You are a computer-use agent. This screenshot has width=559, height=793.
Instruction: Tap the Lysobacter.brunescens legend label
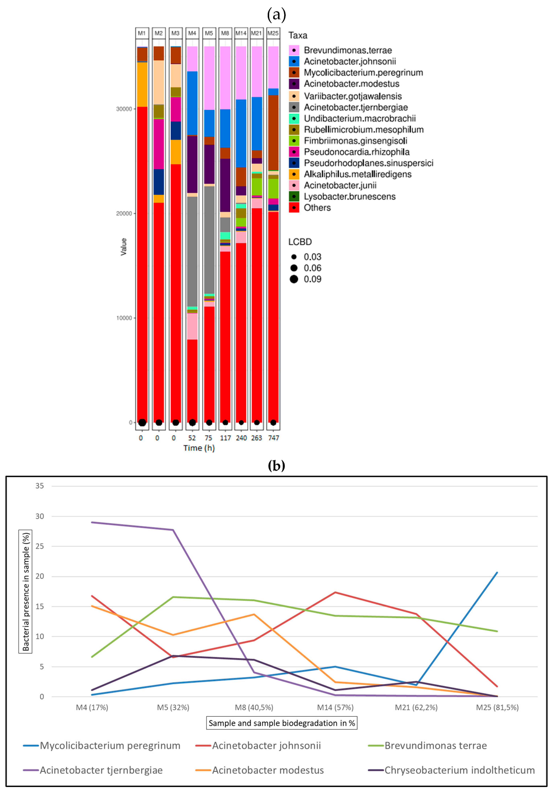pos(350,197)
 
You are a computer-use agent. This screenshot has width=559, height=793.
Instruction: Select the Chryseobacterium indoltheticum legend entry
pos(459,770)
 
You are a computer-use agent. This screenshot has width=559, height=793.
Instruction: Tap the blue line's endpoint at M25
pos(497,573)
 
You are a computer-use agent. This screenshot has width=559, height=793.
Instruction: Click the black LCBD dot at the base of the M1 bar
pos(142,422)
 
